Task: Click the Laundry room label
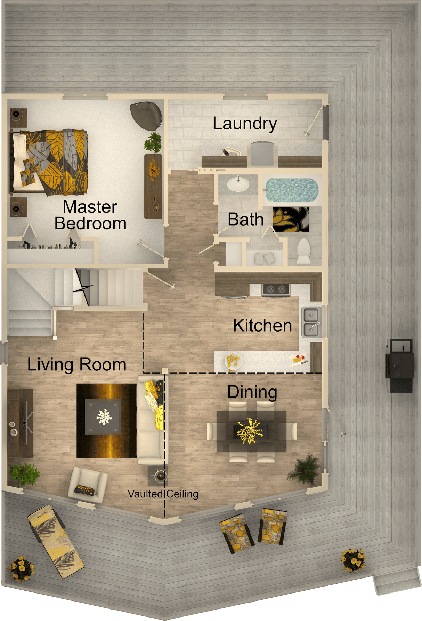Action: click(245, 124)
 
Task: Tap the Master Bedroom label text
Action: click(90, 215)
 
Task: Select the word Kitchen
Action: click(262, 325)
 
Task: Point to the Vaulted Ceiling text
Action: click(163, 494)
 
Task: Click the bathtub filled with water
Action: click(292, 190)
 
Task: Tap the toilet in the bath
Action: click(303, 251)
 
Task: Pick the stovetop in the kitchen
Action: click(276, 290)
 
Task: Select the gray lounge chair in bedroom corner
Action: click(146, 115)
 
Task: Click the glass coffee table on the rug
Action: click(103, 417)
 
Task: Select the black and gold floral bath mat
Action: click(291, 219)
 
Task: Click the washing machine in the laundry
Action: click(262, 153)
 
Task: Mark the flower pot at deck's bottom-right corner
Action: click(353, 560)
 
